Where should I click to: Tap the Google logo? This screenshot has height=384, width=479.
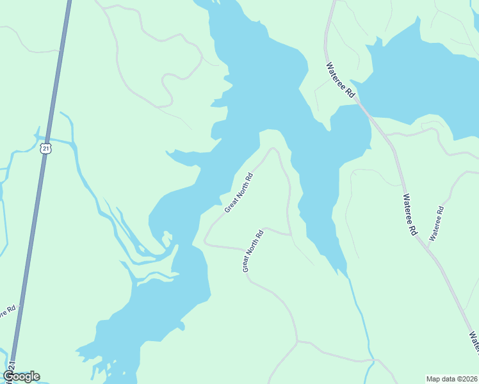(x=21, y=376)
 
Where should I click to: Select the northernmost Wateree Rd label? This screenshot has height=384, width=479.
(x=339, y=79)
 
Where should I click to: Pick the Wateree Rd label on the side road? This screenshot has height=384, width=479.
(x=436, y=223)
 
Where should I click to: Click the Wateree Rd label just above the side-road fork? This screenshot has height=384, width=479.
(x=410, y=216)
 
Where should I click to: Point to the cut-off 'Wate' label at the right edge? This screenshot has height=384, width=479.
(x=473, y=342)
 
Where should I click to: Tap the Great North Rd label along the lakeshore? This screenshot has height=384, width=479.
(x=239, y=193)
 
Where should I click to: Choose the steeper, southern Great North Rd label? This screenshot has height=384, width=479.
(x=253, y=251)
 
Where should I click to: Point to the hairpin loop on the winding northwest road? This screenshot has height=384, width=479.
(x=166, y=79)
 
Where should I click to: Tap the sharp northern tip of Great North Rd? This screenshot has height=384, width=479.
(x=273, y=148)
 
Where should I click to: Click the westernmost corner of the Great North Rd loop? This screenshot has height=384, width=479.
(x=205, y=242)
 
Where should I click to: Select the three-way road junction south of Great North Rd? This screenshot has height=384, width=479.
(x=297, y=341)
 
